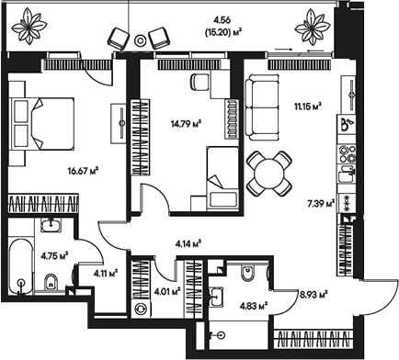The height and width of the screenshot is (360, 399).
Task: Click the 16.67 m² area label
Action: pos(83,170)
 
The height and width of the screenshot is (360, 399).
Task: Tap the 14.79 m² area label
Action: pos(187,122)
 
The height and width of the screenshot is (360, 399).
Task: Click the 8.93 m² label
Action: pos(314,296)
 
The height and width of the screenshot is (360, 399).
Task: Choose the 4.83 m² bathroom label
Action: pos(253,305)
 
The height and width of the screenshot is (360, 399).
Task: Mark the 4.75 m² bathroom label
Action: pos(57,255)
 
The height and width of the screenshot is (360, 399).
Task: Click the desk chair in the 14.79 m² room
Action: pos(199,82)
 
